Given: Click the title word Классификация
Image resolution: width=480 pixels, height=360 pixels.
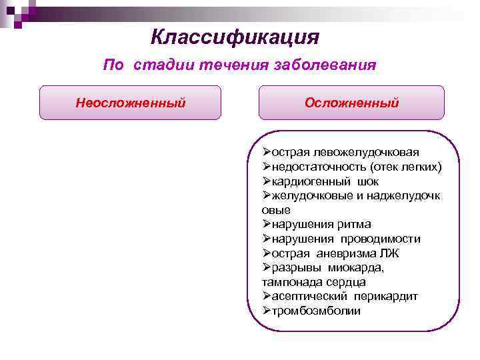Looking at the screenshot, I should point(235,36).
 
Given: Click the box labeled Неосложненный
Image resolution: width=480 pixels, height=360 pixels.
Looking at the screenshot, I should point(130,103).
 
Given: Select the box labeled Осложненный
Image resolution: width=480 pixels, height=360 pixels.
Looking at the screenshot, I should point(351,103).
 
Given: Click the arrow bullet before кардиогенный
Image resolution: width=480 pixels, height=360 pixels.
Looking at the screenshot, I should point(267,181).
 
